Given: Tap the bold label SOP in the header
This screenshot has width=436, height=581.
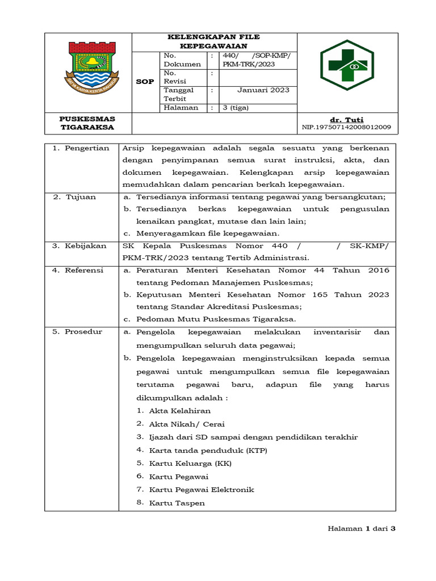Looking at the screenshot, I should (x=145, y=82).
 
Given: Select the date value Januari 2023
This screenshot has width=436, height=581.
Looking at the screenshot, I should (x=263, y=90).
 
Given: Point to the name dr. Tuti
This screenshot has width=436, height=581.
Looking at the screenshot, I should (x=346, y=120).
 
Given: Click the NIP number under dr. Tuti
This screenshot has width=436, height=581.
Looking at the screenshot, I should (x=346, y=128).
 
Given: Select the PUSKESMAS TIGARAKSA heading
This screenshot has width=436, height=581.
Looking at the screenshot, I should (x=87, y=123).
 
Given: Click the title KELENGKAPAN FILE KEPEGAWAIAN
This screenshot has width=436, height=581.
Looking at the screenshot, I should (x=214, y=41).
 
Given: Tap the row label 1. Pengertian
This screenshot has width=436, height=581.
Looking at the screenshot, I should (x=81, y=148).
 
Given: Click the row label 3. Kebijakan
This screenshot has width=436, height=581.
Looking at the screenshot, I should (x=79, y=246).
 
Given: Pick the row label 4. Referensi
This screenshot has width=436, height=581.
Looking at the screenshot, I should (x=78, y=270).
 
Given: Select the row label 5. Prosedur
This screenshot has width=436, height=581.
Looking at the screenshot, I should (x=77, y=332).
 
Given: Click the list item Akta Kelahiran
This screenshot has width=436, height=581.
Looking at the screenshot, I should (x=179, y=411).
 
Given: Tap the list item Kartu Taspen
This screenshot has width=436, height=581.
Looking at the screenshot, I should (x=177, y=503).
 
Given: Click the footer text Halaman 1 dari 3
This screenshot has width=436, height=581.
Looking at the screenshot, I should (x=361, y=528).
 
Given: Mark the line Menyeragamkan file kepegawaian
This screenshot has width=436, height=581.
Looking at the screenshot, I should (x=207, y=233).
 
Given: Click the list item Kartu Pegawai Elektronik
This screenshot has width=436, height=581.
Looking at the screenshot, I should (x=201, y=490).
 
